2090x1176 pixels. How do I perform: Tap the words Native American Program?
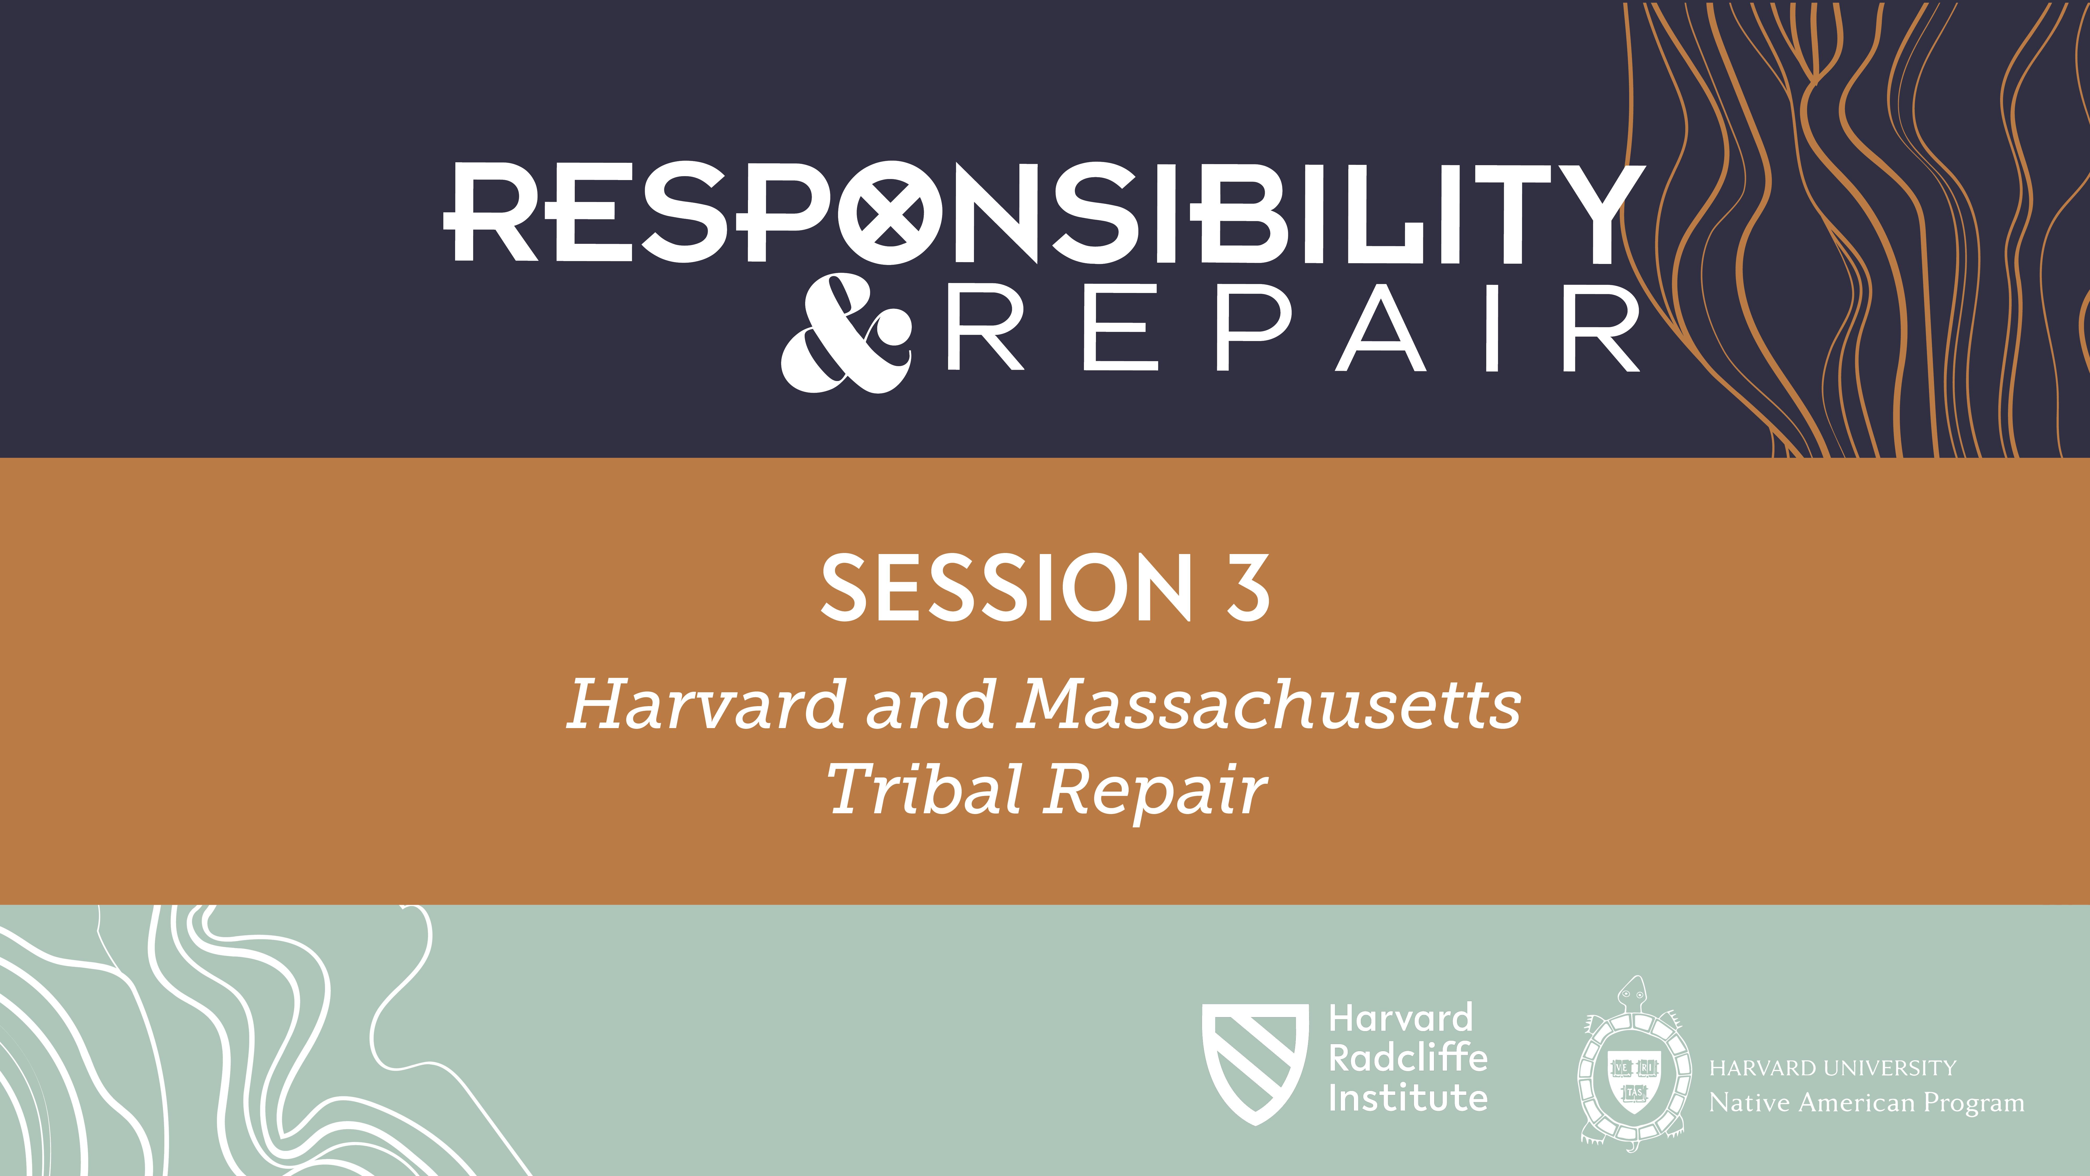click(x=1866, y=1103)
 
